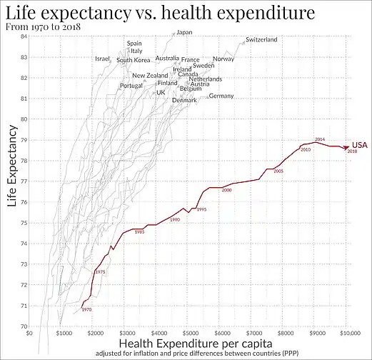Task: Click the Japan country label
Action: pos(184,32)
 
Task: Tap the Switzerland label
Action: pos(261,40)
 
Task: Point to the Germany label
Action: pos(221,96)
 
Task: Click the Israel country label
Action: pos(103,59)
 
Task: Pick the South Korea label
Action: pos(134,60)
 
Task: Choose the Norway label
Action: pos(223,59)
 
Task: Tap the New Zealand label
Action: pos(150,76)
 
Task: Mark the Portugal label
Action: pos(131,86)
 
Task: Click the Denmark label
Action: pos(184,100)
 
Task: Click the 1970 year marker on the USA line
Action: pos(86,309)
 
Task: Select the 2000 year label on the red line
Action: pos(227,191)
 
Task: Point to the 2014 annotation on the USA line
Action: pos(320,139)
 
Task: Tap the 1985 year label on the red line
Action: pos(140,231)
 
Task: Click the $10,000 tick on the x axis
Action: pos(348,332)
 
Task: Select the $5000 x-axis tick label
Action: pos(190,332)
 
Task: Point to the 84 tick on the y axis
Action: pos(24,36)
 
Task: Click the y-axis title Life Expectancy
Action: pos(11,166)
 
